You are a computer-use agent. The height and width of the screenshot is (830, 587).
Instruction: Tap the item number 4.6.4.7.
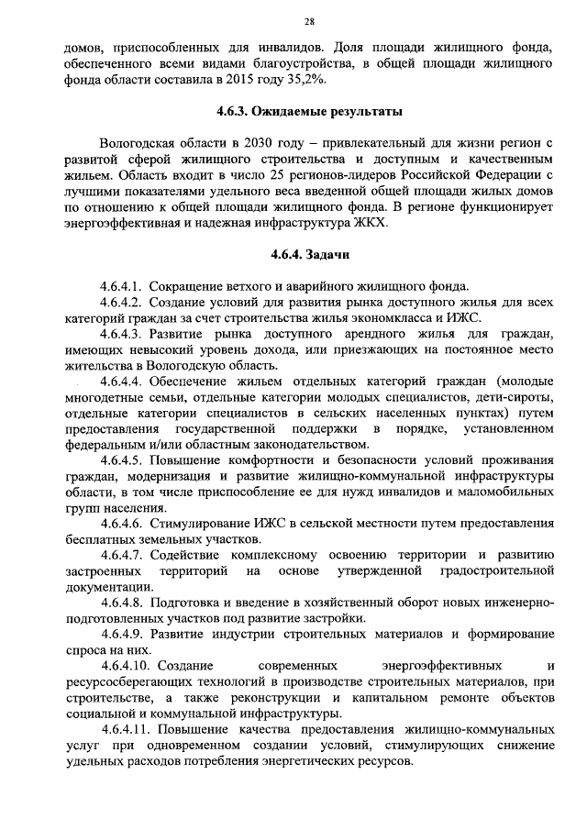pos(122,555)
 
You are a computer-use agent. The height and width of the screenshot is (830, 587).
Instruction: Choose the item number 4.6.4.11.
pos(126,730)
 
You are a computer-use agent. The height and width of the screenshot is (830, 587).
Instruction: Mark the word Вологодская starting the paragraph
pos(142,143)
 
